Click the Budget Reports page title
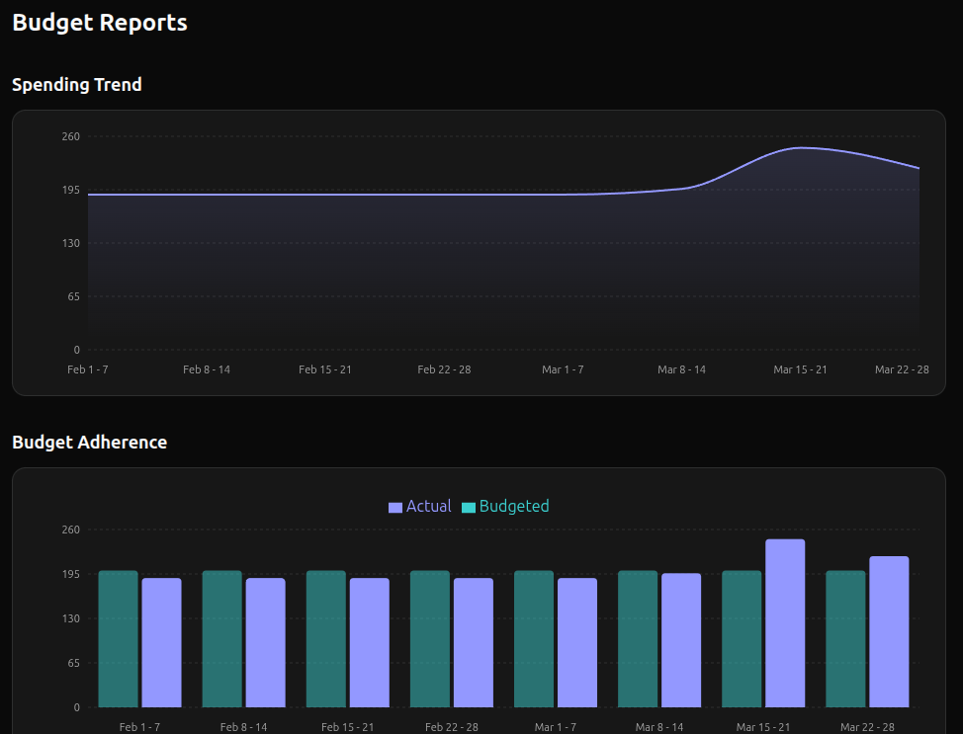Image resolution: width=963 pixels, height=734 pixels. click(100, 23)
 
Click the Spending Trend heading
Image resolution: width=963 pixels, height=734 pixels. click(77, 85)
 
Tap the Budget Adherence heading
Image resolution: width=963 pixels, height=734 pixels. click(90, 443)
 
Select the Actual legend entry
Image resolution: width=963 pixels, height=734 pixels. click(420, 507)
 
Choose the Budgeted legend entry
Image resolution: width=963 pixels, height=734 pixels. click(505, 507)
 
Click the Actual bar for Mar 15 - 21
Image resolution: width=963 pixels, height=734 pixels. click(785, 622)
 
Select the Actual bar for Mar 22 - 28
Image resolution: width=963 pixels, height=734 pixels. click(889, 632)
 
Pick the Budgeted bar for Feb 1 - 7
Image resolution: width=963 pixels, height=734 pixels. click(118, 639)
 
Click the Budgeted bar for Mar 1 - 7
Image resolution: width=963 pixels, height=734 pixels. click(534, 639)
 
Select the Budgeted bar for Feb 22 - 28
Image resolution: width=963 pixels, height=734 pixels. click(430, 639)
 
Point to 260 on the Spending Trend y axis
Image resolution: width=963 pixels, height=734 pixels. click(71, 136)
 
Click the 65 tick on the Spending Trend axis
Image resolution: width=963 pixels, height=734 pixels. click(74, 296)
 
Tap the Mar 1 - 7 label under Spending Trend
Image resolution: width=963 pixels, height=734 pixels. click(563, 369)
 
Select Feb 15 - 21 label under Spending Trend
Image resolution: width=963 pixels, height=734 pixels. click(325, 369)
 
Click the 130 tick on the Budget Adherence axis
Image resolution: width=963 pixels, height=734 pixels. click(71, 618)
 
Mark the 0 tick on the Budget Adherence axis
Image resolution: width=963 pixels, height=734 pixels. click(76, 707)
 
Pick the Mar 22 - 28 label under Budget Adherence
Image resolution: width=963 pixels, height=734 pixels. click(867, 727)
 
